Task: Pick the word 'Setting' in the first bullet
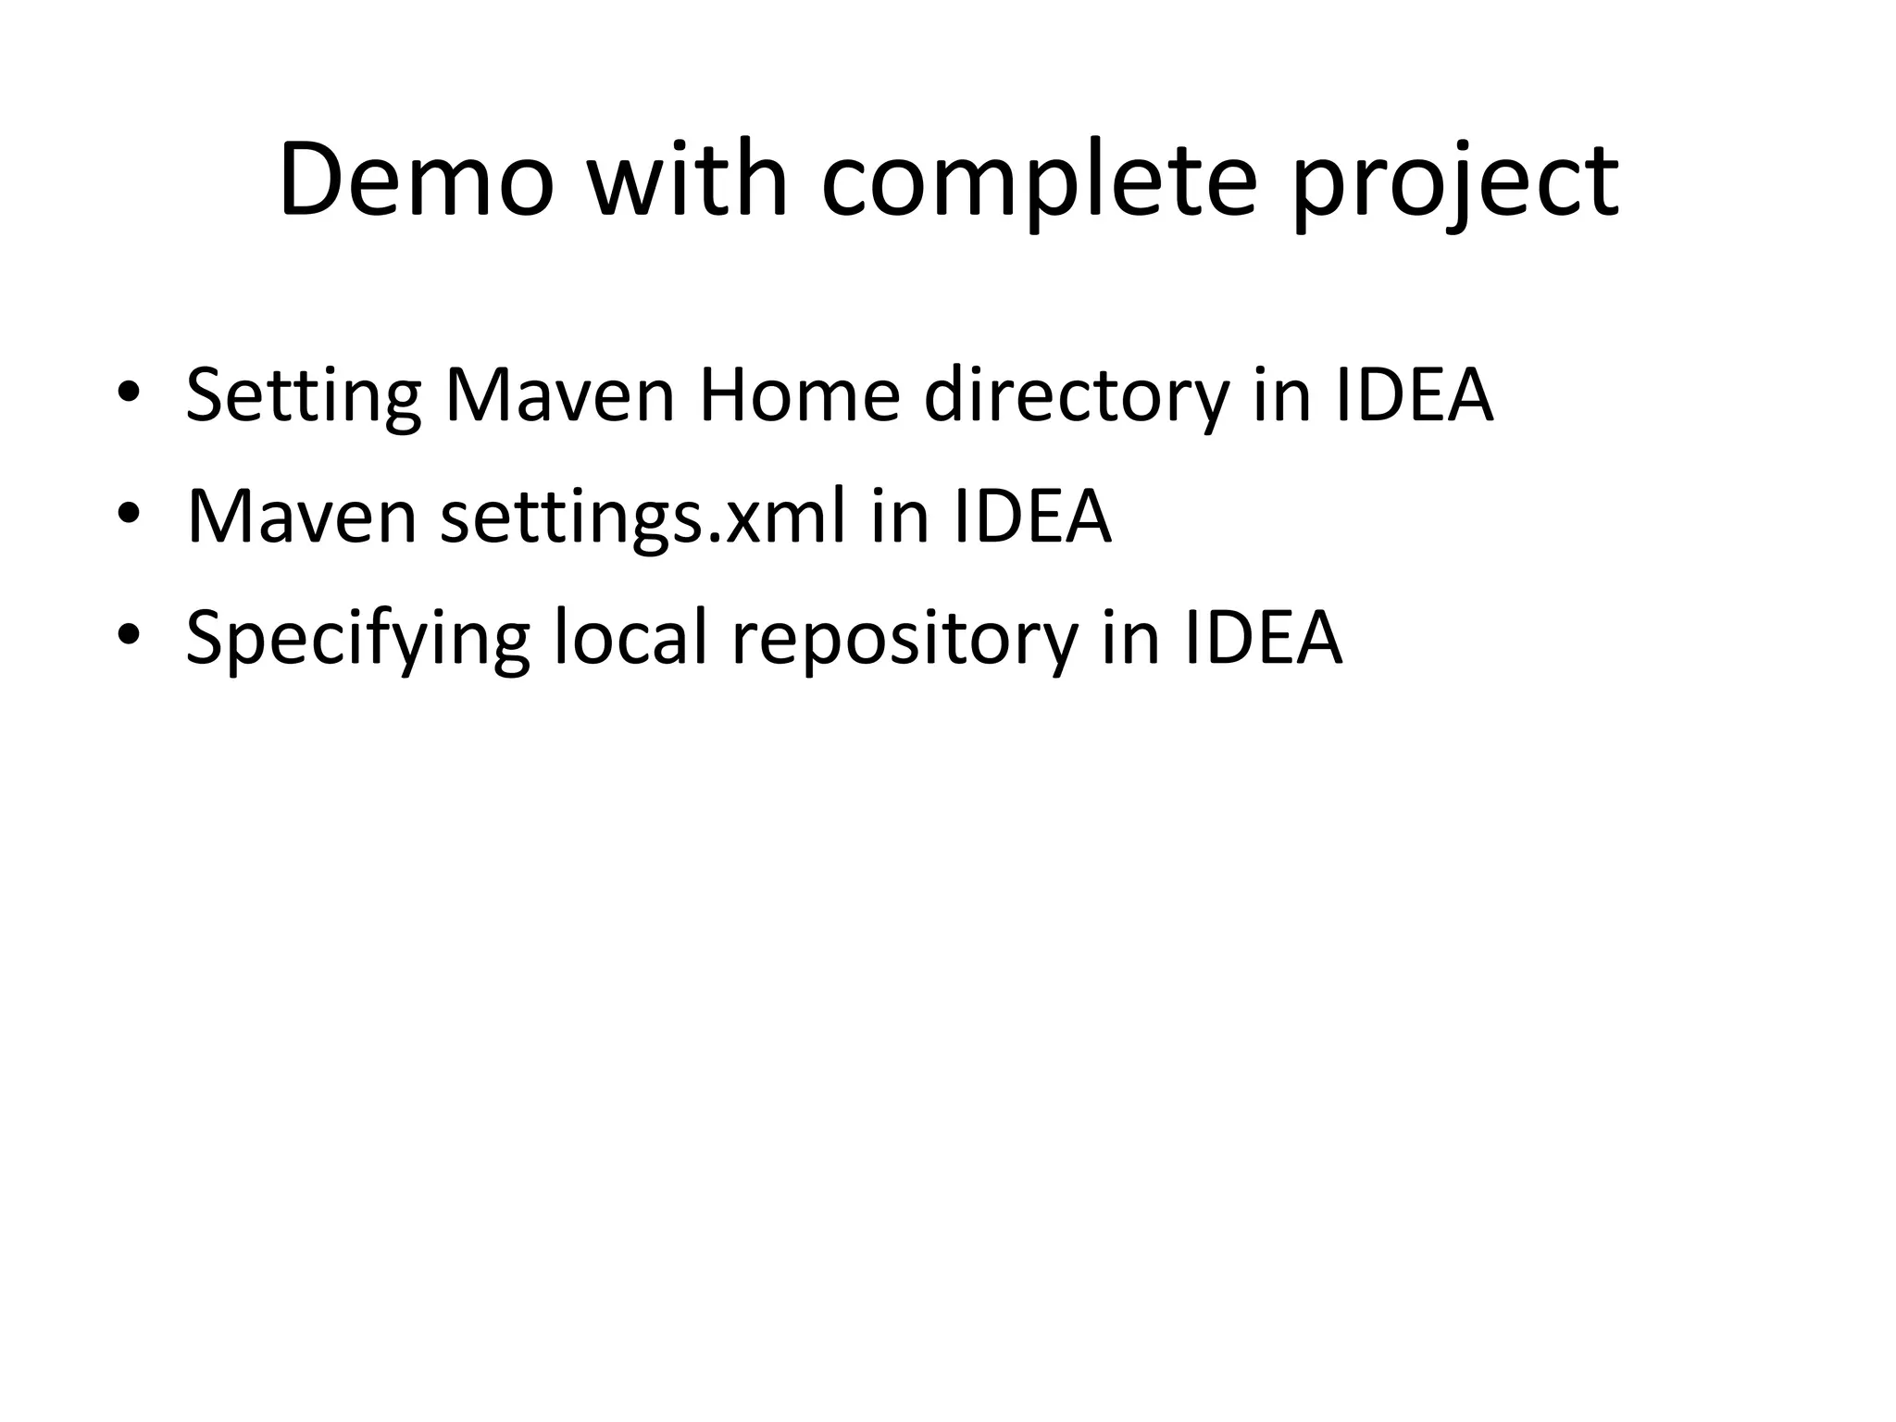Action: pyautogui.click(x=304, y=395)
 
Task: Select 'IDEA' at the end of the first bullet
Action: pyautogui.click(x=1415, y=395)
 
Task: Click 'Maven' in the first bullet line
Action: pyautogui.click(x=560, y=395)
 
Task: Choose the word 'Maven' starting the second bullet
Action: pyautogui.click(x=302, y=517)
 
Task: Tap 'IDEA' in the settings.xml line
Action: pyautogui.click(x=1031, y=517)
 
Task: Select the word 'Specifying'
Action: pyautogui.click(x=357, y=638)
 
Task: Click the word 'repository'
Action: pyautogui.click(x=904, y=638)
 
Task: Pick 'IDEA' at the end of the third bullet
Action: pyautogui.click(x=1263, y=638)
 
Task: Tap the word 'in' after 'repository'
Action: pyautogui.click(x=1130, y=638)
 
